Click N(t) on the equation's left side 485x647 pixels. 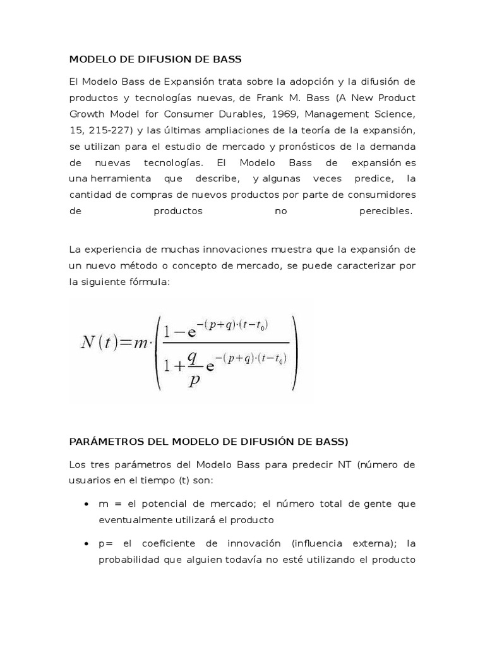click(99, 342)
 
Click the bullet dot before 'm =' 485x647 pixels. click(86, 505)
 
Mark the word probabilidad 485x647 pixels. click(130, 560)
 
